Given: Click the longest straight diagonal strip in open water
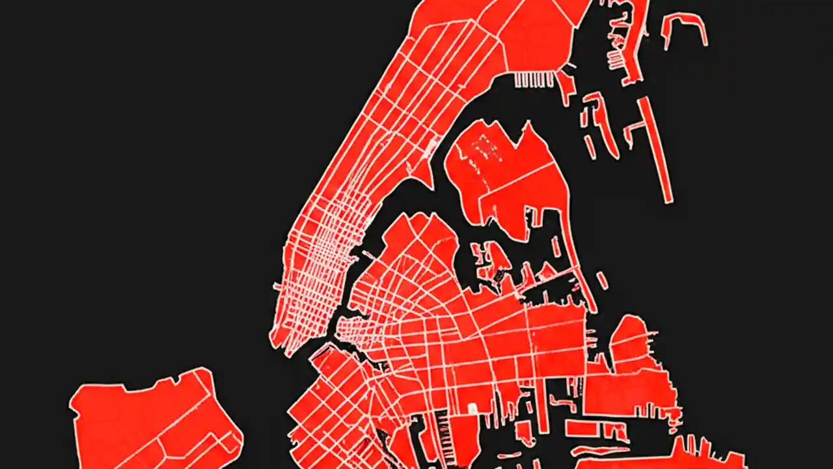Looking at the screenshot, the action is pyautogui.click(x=655, y=150).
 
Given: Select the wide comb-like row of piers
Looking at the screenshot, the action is pyautogui.click(x=534, y=79).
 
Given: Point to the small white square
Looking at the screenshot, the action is pyautogui.click(x=472, y=408).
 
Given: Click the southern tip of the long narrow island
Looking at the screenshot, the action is pyautogui.click(x=277, y=339).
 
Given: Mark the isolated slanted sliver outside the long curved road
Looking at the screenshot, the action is pyautogui.click(x=602, y=281).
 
